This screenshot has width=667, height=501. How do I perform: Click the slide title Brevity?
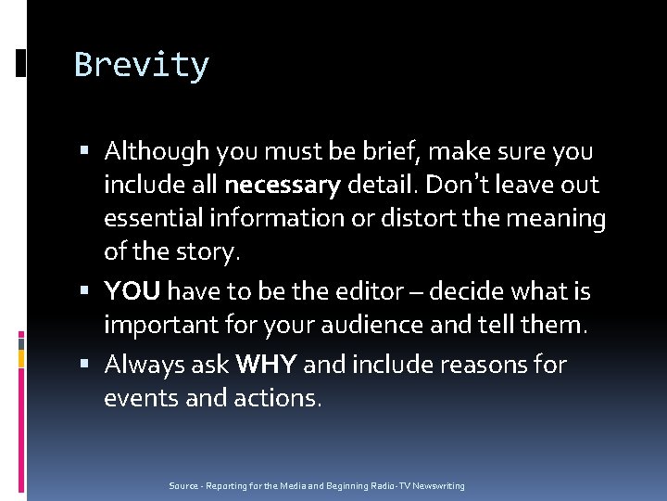coord(142,65)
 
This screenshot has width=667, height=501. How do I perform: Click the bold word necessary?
coord(283,186)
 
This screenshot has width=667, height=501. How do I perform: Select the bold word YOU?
coord(133,292)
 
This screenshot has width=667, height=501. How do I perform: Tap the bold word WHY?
coord(267,365)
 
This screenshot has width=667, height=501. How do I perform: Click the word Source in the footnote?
coord(182,486)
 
